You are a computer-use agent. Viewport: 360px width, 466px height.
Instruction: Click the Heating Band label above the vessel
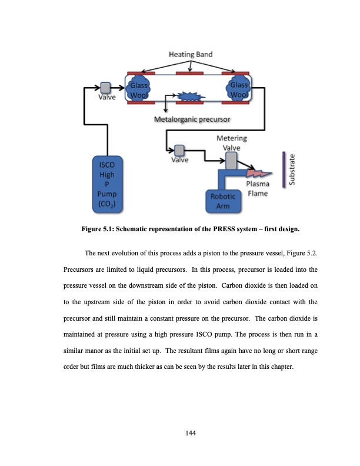click(x=191, y=55)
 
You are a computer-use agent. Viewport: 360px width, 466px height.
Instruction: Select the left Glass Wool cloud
click(x=139, y=89)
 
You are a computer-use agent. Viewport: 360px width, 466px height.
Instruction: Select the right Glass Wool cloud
click(x=239, y=89)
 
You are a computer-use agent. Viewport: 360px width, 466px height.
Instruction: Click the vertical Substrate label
click(x=293, y=169)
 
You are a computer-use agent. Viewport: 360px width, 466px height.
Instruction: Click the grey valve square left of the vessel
click(x=106, y=87)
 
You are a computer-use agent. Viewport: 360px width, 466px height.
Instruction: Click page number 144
click(x=189, y=433)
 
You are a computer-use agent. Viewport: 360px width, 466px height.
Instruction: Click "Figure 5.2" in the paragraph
click(x=304, y=254)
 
